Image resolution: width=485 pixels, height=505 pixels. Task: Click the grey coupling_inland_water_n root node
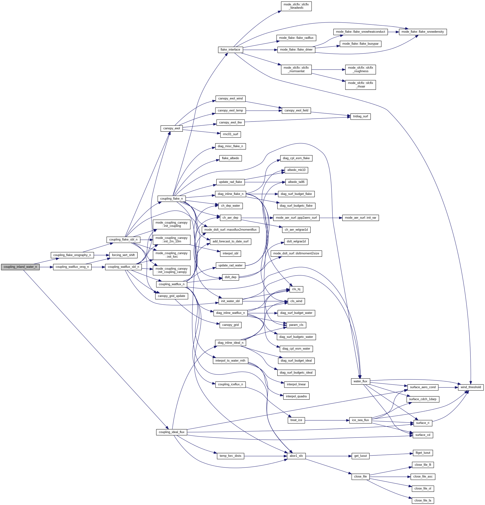[x=20, y=267]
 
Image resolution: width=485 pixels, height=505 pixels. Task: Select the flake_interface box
[x=230, y=50]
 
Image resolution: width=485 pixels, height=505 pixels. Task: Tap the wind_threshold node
[x=470, y=387]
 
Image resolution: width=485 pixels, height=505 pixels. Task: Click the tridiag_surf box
[x=360, y=116]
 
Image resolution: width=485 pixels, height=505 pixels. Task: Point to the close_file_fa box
[x=422, y=500]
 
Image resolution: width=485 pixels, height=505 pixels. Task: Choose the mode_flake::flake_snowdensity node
[x=422, y=32]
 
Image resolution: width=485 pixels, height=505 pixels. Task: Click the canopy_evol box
[x=171, y=128]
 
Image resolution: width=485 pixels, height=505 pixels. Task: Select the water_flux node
[x=360, y=381]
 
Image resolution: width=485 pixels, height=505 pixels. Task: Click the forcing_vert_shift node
[x=123, y=255]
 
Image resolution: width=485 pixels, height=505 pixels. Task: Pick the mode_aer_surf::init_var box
[x=360, y=218]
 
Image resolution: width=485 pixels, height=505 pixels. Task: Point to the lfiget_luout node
[x=422, y=453]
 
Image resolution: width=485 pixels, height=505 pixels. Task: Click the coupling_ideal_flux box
[x=171, y=432]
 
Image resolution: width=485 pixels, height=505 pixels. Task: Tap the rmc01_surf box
[x=230, y=134]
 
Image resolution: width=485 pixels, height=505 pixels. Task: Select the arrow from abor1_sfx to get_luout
[x=329, y=456]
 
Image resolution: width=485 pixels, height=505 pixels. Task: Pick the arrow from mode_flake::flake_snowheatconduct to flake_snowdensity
[x=393, y=32]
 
